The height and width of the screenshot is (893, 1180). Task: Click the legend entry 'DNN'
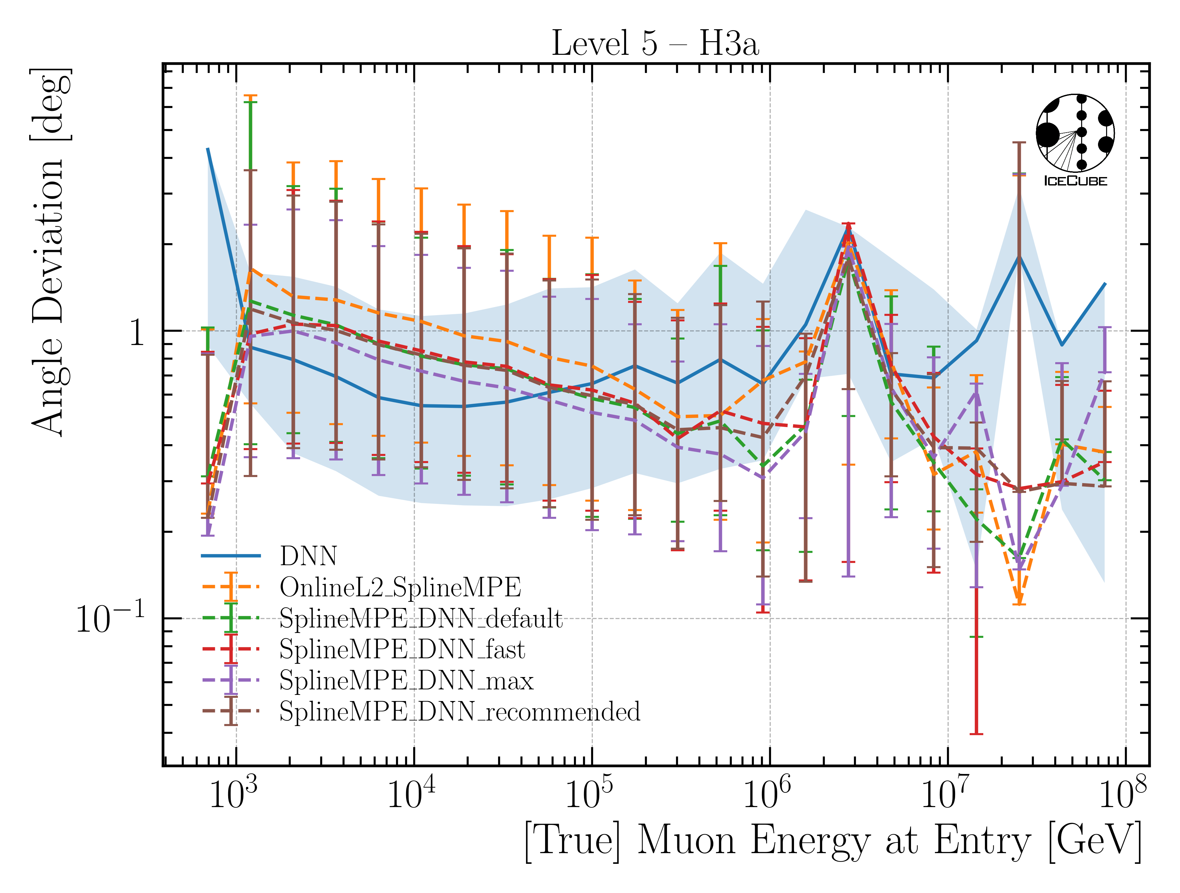click(x=308, y=556)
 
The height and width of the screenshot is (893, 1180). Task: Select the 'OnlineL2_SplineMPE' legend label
click(x=400, y=588)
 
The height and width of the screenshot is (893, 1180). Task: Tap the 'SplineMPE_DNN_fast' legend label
click(x=402, y=649)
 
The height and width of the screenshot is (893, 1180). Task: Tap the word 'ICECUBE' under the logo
click(x=1075, y=181)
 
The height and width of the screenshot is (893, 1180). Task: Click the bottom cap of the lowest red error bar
click(x=976, y=734)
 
